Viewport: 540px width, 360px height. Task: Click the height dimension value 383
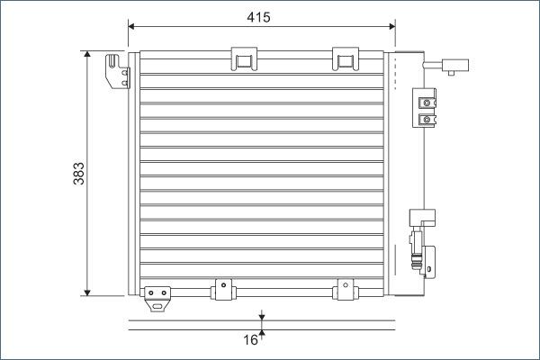(78, 172)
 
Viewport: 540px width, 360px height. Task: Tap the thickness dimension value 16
(251, 339)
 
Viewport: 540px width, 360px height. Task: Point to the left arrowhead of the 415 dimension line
(133, 25)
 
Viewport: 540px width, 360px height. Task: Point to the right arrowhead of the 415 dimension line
(392, 25)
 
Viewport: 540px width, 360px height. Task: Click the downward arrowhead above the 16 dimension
(261, 316)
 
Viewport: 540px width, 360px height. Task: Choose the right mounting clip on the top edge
(344, 58)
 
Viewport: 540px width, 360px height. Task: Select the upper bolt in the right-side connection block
(427, 102)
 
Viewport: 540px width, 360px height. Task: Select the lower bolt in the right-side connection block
(427, 118)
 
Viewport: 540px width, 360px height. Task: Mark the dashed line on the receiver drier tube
(422, 171)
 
